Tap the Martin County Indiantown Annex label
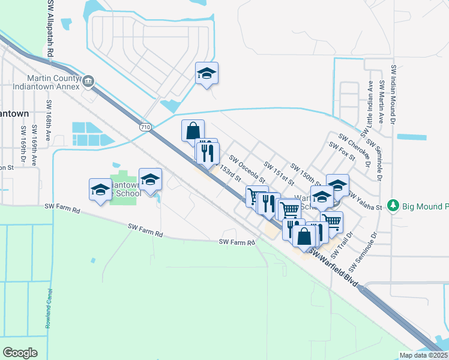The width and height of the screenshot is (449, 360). tap(53, 83)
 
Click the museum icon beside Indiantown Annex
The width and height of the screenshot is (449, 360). tap(88, 80)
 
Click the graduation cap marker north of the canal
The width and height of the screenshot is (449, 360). tap(206, 73)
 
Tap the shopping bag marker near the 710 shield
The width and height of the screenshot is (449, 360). tap(193, 130)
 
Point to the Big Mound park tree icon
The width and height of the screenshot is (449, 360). tap(394, 206)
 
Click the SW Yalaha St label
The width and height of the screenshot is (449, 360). tap(366, 202)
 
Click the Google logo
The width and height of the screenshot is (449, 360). tap(20, 352)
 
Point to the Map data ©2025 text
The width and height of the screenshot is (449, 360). tap(423, 355)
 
